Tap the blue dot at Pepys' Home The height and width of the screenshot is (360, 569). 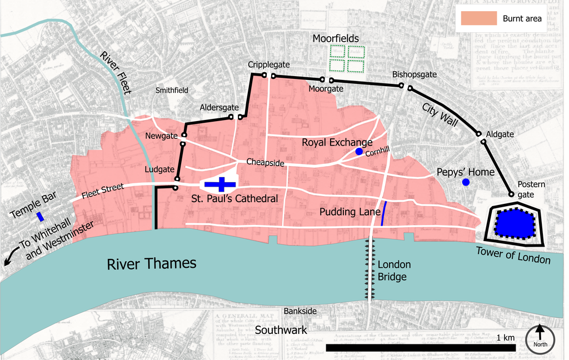[x=466, y=182]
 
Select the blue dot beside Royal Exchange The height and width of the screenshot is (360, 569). [x=359, y=152]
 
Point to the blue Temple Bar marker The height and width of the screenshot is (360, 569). [x=40, y=216]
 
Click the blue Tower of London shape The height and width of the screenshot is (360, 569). [x=514, y=224]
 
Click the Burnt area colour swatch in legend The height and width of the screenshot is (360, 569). [x=478, y=18]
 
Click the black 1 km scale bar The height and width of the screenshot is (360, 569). [x=420, y=348]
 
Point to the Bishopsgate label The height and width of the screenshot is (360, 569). [x=415, y=74]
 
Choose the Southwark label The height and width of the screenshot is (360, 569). [x=281, y=330]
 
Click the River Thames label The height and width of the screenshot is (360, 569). [x=152, y=263]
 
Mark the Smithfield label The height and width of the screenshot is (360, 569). [x=172, y=90]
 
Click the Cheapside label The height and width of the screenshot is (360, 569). [x=265, y=163]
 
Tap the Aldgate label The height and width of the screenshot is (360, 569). [x=500, y=134]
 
